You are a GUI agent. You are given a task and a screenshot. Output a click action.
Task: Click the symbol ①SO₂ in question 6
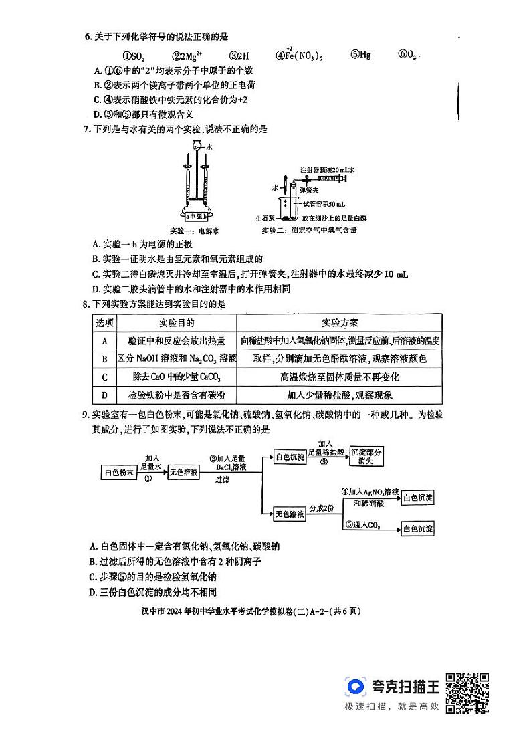(134, 56)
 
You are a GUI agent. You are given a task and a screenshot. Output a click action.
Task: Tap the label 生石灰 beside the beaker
(265, 218)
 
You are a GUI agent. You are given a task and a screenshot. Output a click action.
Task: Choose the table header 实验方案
(340, 322)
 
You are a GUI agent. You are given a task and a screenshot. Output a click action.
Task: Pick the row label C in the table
(104, 377)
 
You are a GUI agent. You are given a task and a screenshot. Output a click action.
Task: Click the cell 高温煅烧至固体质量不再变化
(340, 377)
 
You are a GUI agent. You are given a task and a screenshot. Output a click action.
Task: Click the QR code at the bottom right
(467, 692)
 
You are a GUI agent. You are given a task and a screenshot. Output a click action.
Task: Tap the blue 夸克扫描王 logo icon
(356, 687)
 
